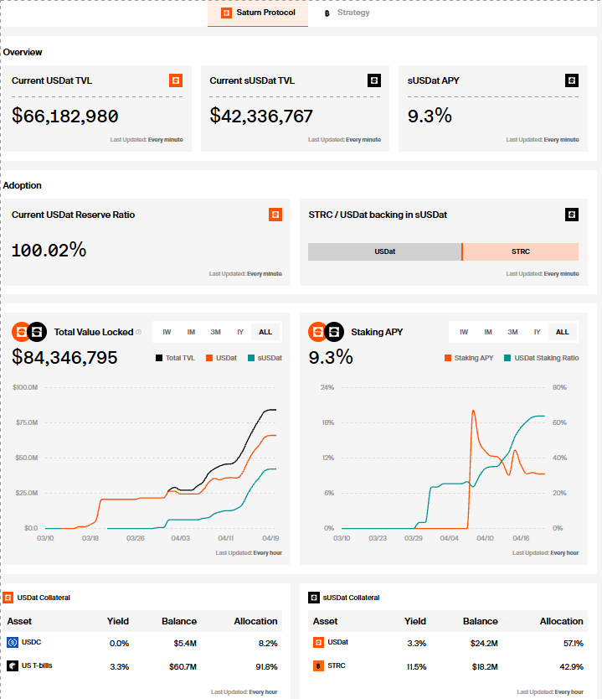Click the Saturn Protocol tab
(x=258, y=13)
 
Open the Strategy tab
(x=347, y=13)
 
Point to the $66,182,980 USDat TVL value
(x=65, y=116)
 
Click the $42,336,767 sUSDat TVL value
(x=261, y=116)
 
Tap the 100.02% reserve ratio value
(x=49, y=250)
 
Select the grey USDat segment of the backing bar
(x=384, y=252)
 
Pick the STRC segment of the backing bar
(x=521, y=252)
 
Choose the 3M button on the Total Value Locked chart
(x=215, y=332)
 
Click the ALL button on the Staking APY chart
(x=563, y=332)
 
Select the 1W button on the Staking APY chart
(x=464, y=332)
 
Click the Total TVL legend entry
(x=176, y=358)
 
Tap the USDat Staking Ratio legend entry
(x=542, y=358)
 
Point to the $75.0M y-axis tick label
(x=27, y=422)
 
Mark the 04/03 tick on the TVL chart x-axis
(x=180, y=538)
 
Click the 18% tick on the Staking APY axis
(x=328, y=422)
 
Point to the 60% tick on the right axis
(x=559, y=422)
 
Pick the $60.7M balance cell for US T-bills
(x=183, y=667)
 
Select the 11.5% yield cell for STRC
(x=416, y=667)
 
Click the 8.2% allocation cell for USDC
(x=268, y=644)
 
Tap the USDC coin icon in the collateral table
(x=13, y=642)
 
